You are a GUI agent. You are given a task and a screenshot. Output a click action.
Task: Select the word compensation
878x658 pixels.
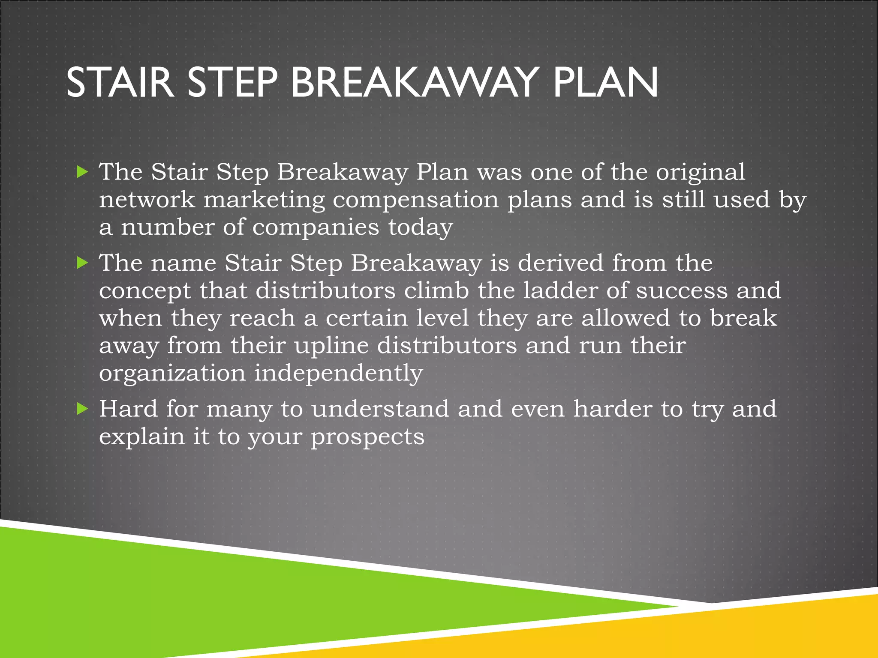[415, 200]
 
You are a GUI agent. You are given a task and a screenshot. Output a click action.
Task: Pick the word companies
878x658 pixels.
[316, 227]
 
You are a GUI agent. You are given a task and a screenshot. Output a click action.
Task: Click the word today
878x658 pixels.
[420, 228]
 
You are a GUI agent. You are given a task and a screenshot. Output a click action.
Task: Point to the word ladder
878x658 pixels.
[560, 290]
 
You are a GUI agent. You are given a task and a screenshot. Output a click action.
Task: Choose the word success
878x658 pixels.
[682, 290]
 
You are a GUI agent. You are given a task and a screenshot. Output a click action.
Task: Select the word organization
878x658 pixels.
[172, 374]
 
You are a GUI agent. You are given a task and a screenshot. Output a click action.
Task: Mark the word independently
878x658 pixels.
[338, 374]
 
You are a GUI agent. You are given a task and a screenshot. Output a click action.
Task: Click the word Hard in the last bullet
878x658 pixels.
[128, 409]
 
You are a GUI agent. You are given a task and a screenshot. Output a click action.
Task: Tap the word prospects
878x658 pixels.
[367, 437]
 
